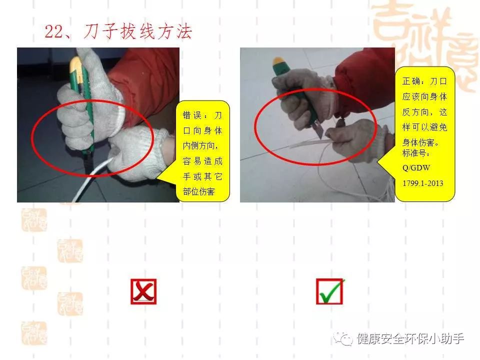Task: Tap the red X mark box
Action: (143, 292)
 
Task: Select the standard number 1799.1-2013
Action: (422, 183)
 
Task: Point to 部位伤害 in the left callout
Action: (199, 192)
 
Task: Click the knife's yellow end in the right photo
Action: (278, 63)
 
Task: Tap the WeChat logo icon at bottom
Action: (344, 339)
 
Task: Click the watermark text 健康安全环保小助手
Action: (410, 339)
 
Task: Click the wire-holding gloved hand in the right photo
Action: (357, 140)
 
